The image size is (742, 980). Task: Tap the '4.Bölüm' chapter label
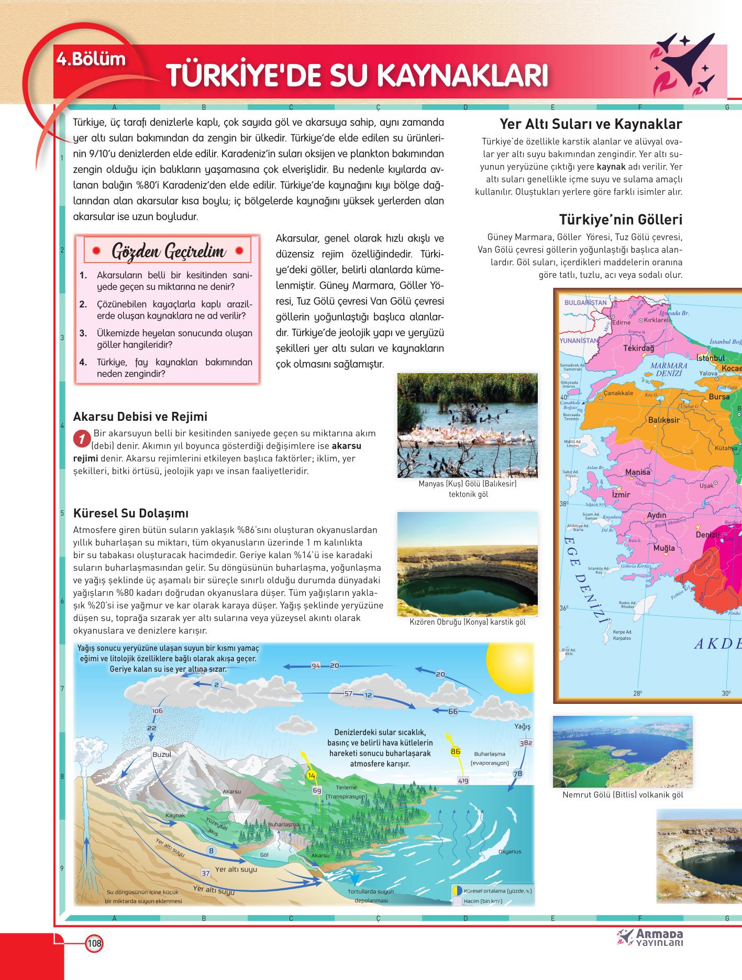point(92,59)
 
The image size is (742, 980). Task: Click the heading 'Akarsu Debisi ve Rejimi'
point(140,417)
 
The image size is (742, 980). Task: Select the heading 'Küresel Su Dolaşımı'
point(131,513)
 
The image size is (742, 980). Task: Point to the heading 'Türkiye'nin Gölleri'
point(621,219)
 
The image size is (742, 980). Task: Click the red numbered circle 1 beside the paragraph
point(81,439)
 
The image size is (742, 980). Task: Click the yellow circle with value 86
point(456,751)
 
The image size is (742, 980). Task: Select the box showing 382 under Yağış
point(526,743)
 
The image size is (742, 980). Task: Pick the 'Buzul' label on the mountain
point(161,754)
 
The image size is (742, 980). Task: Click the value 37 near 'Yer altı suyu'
point(206,873)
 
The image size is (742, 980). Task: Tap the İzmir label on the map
point(621,495)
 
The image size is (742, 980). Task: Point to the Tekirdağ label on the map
point(639,348)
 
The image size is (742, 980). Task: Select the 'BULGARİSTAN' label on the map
point(585,302)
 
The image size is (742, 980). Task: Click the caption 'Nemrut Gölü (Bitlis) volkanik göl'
point(623,795)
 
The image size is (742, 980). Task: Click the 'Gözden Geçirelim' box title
point(169,252)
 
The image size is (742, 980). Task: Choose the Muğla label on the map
point(664,548)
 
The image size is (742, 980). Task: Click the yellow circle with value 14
point(312,775)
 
